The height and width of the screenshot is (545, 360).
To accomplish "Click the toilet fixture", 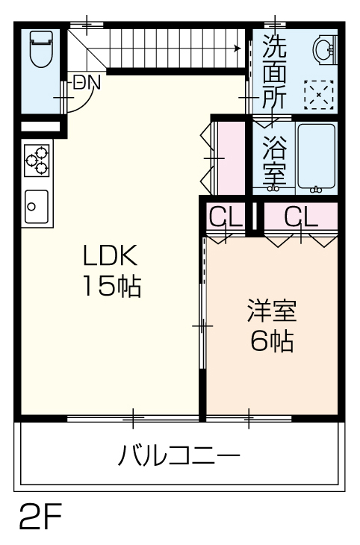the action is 41,49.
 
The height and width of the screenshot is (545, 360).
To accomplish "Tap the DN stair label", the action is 87,82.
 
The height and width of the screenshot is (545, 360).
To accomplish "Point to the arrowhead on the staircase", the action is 238,48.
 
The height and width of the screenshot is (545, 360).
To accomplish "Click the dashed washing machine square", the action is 319,95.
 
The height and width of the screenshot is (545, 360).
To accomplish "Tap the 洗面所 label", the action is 274,72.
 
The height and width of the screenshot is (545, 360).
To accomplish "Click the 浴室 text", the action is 274,161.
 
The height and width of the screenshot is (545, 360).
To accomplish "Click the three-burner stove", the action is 37,161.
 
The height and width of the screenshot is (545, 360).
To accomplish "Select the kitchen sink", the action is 37,207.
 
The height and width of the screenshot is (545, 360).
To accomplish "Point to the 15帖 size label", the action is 111,286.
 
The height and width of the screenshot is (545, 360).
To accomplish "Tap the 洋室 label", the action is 272,310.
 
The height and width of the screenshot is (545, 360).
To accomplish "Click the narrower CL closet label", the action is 226,218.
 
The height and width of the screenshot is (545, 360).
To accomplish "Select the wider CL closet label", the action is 301,218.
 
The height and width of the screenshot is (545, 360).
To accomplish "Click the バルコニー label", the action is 179,455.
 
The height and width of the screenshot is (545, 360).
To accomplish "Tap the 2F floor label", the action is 40,516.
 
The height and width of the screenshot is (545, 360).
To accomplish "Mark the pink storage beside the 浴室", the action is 231,158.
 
